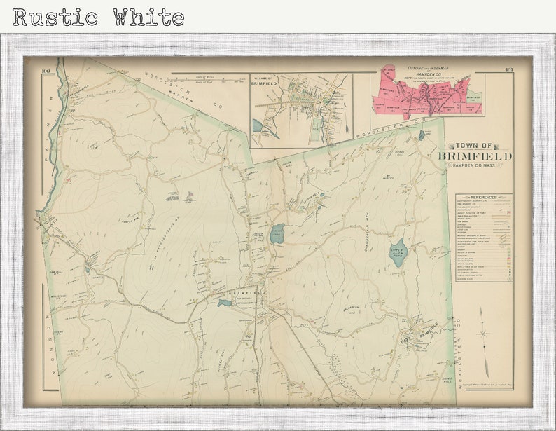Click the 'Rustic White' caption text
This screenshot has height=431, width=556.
[x=99, y=17]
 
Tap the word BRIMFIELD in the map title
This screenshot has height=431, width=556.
[x=475, y=156]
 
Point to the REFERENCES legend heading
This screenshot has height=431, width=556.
[x=484, y=198]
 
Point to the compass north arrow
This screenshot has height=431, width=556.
[x=482, y=331]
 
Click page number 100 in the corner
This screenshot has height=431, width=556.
[x=46, y=71]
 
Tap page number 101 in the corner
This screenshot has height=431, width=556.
[x=508, y=70]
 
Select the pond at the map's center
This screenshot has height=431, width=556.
[x=277, y=234]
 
